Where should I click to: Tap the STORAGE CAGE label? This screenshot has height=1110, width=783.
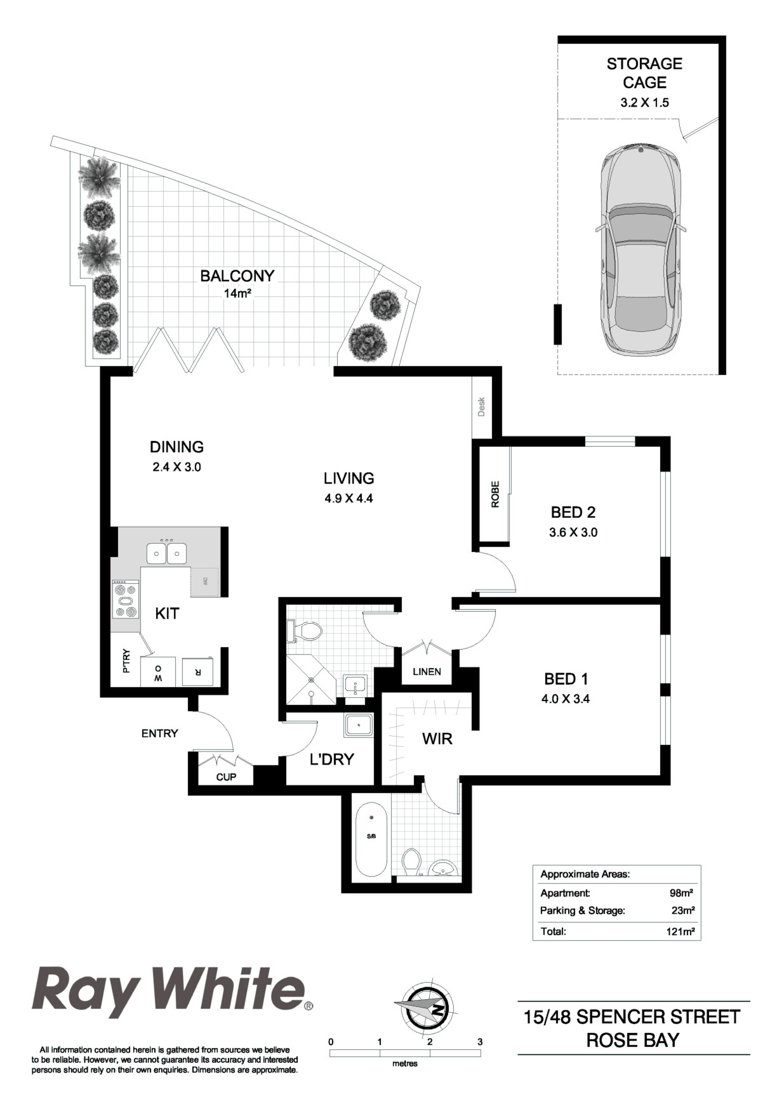[x=644, y=73]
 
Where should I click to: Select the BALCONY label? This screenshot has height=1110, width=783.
[x=237, y=276]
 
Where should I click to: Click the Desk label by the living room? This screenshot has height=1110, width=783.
[x=481, y=407]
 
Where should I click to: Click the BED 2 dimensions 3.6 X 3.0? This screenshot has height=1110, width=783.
[x=573, y=533]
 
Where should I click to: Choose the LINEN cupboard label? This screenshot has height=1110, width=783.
[x=427, y=672]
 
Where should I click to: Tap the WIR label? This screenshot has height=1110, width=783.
[x=437, y=739]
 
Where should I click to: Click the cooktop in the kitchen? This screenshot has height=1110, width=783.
[x=126, y=600]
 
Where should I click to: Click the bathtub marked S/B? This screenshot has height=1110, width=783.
[x=371, y=839]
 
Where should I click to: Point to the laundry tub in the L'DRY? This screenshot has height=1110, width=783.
[x=358, y=726]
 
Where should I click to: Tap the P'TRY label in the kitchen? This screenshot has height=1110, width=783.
[x=126, y=661]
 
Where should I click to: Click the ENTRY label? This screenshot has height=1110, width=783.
[x=160, y=733]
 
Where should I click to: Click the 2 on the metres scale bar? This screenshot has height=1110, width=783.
[x=429, y=1042]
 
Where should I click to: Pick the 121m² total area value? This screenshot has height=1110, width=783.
[x=680, y=932]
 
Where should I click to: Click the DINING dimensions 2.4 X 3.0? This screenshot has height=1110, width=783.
[x=176, y=467]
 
